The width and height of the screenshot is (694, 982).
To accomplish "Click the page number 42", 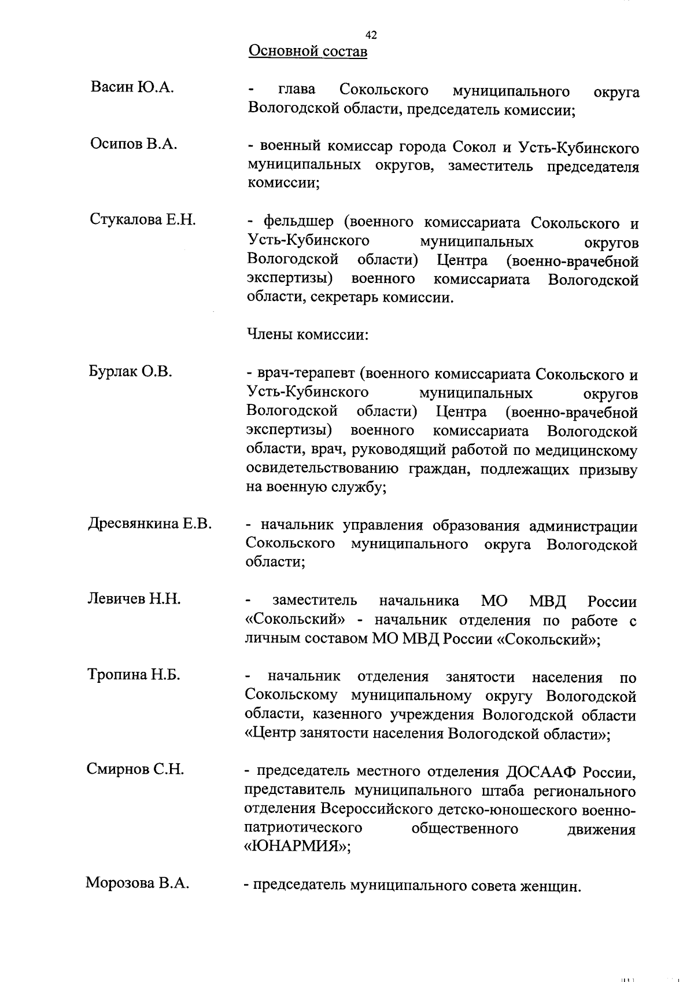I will [371, 35].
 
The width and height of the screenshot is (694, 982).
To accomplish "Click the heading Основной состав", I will [308, 52].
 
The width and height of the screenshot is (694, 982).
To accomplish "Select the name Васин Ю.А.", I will [132, 88].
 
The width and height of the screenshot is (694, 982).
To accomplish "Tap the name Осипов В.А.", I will [134, 144].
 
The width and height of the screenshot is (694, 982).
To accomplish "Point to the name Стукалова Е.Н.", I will [143, 219].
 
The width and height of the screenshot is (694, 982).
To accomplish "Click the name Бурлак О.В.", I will [131, 372].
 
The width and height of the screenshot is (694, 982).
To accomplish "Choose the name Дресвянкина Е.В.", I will [150, 524].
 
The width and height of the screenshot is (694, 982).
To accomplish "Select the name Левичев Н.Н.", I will [134, 599].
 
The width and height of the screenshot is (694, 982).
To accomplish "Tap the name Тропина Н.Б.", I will [134, 674].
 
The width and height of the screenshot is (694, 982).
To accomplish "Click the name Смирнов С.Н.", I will [135, 769].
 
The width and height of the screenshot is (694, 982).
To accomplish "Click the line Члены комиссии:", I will [308, 334].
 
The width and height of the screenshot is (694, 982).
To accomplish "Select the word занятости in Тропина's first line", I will [480, 677].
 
